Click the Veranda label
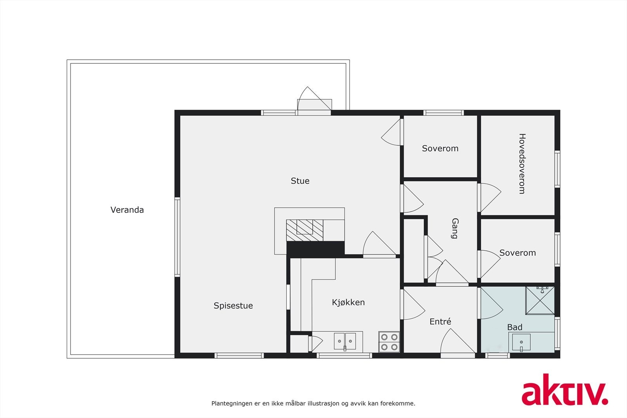click(127, 210)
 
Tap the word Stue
click(300, 181)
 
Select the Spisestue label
click(233, 306)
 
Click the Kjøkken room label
click(348, 302)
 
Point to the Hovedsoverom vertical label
click(522, 164)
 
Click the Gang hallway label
click(455, 228)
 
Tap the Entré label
click(440, 321)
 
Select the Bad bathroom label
click(515, 327)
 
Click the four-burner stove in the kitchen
click(389, 342)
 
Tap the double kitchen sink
click(345, 341)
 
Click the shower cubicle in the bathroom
click(540, 300)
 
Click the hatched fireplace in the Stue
click(304, 230)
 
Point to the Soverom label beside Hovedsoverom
click(440, 148)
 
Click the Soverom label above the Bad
click(517, 253)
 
